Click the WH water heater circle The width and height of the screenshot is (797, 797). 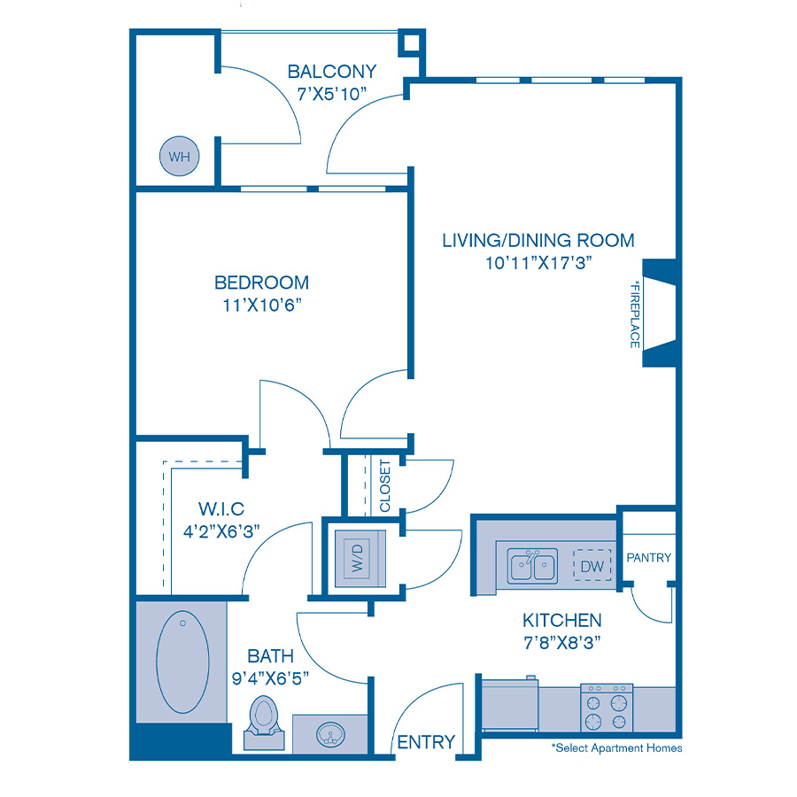point(179,158)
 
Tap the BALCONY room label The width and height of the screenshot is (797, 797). point(332,72)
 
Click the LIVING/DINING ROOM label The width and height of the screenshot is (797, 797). point(538,240)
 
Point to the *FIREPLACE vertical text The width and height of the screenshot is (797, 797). point(634,314)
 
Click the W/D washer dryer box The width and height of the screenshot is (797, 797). point(360,554)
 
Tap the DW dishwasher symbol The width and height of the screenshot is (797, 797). point(592,565)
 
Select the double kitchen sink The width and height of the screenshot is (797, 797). point(531,566)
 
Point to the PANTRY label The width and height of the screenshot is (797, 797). point(648,558)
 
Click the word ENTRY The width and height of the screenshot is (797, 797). point(426,742)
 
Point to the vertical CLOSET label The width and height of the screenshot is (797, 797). point(385,485)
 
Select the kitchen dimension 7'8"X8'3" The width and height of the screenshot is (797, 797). point(561,644)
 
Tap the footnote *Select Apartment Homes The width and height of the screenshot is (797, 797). point(616,748)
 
